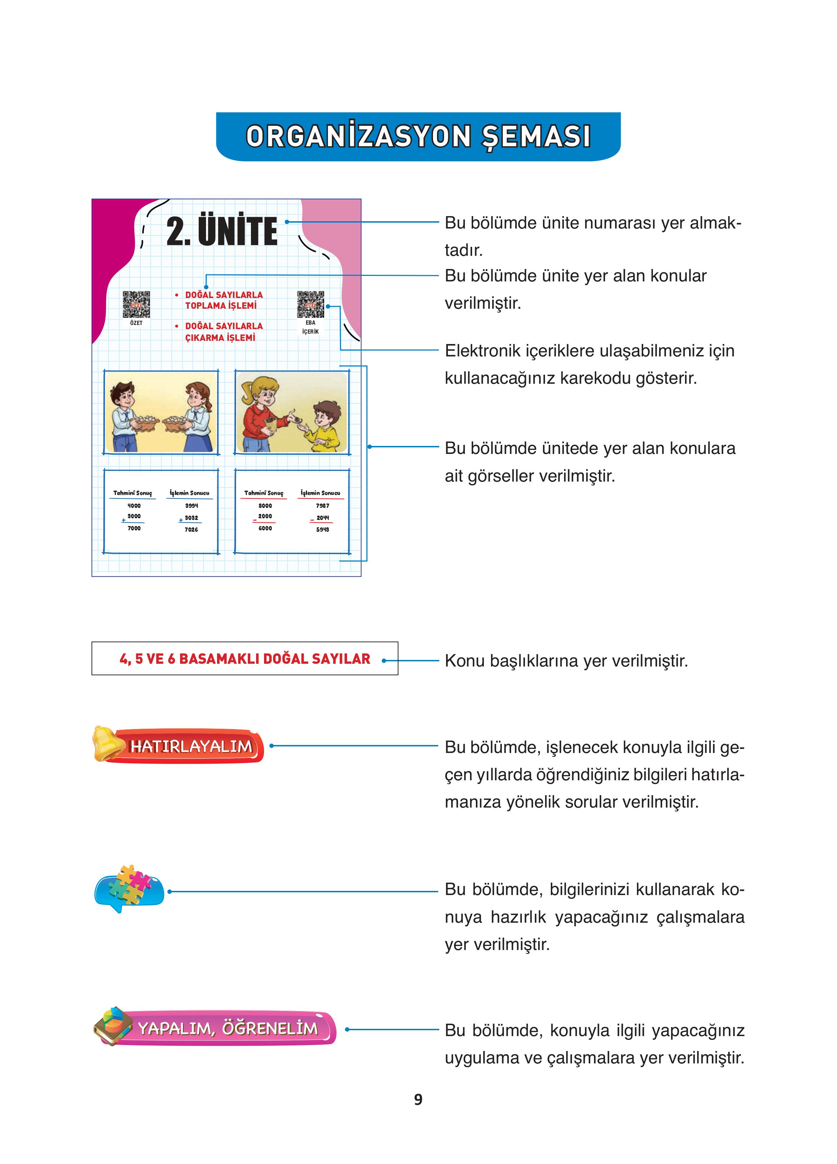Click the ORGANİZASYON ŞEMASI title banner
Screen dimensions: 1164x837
[x=418, y=137]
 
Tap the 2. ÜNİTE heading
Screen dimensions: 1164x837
[x=222, y=232]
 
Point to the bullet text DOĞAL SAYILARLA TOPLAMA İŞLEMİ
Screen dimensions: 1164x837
[x=223, y=300]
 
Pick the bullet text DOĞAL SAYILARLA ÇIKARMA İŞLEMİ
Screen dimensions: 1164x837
[x=223, y=332]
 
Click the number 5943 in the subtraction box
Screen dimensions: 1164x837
[x=322, y=529]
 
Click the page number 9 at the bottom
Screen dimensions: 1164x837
[x=418, y=1099]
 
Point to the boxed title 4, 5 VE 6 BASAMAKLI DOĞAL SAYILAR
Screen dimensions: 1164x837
[x=244, y=659]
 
